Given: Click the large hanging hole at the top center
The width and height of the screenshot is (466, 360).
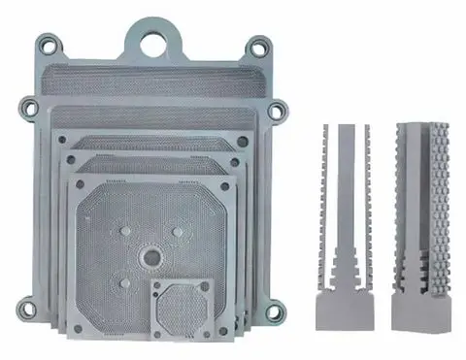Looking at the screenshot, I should (x=153, y=43).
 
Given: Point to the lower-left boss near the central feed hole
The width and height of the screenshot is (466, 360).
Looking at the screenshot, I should (x=124, y=282).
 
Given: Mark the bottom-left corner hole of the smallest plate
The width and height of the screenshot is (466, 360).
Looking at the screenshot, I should (x=158, y=330).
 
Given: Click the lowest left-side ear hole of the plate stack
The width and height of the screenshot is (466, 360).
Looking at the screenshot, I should (x=29, y=311).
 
